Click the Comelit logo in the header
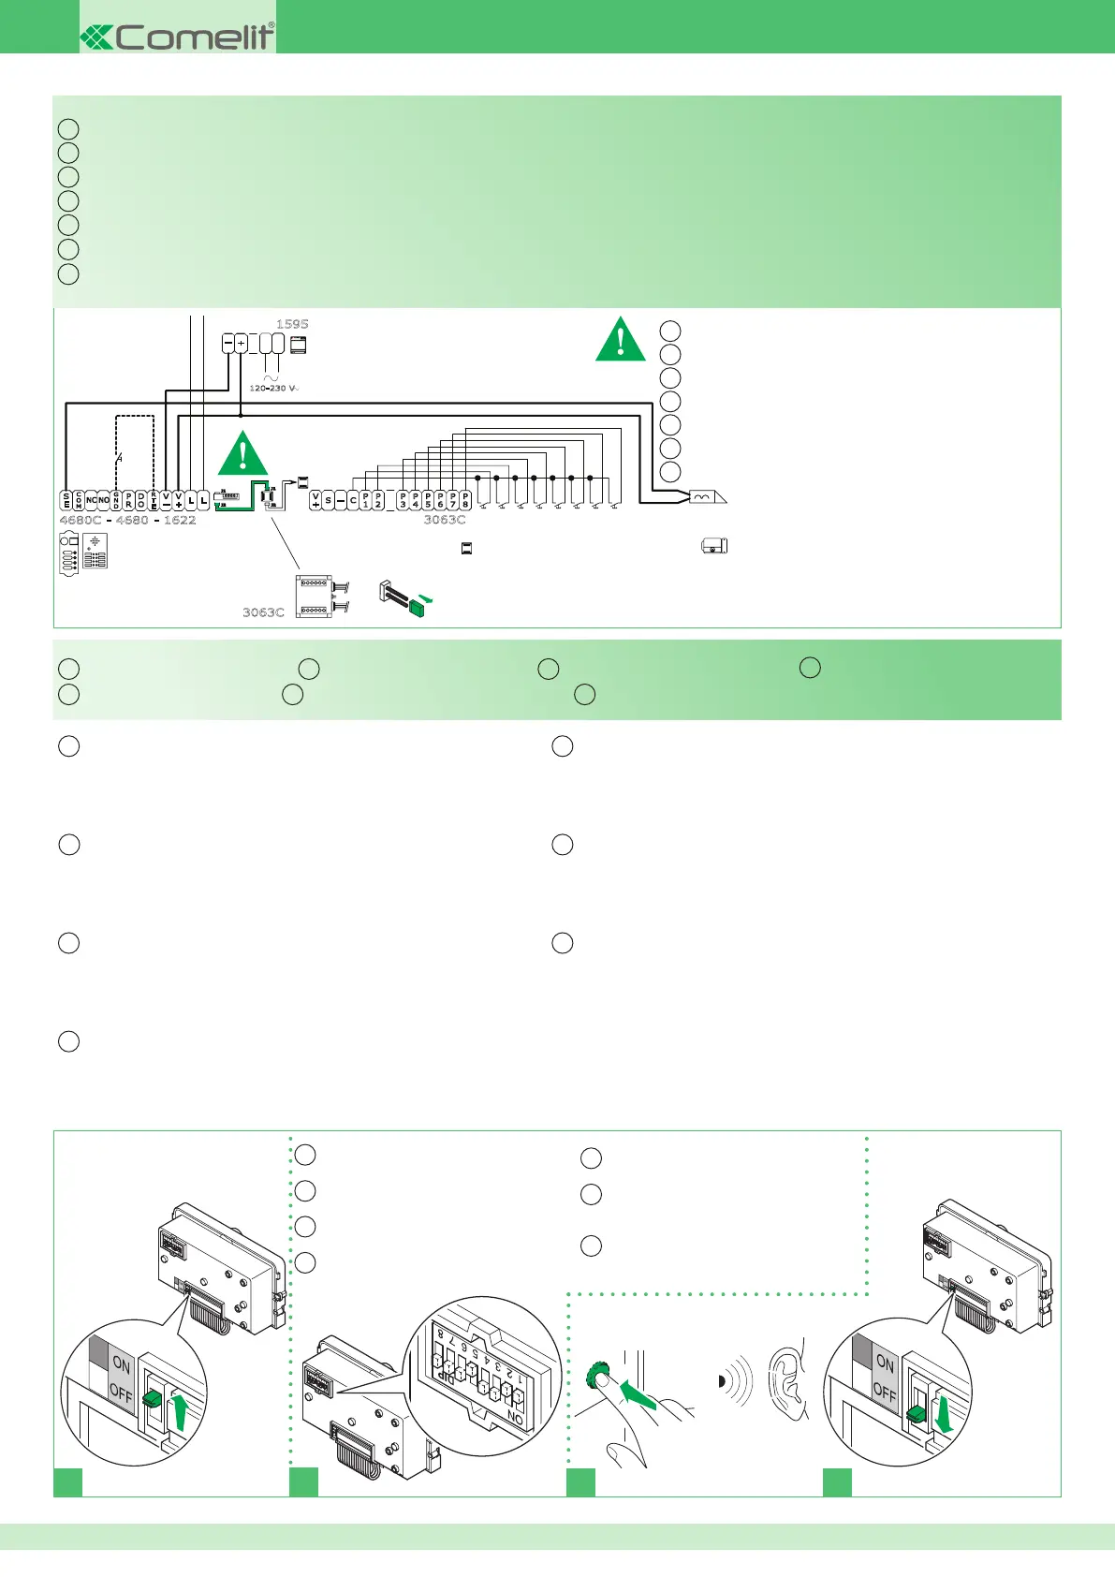(x=178, y=37)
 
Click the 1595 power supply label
(x=292, y=324)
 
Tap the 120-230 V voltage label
(x=273, y=388)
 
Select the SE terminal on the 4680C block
(x=66, y=500)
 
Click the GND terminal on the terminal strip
(x=116, y=500)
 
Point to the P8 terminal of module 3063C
(x=465, y=500)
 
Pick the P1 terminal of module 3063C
(x=365, y=500)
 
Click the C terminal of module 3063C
(x=353, y=500)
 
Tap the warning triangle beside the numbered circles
(x=620, y=340)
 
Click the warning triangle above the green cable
(x=242, y=454)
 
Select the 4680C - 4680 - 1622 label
(x=127, y=520)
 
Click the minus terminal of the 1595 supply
(x=227, y=344)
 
